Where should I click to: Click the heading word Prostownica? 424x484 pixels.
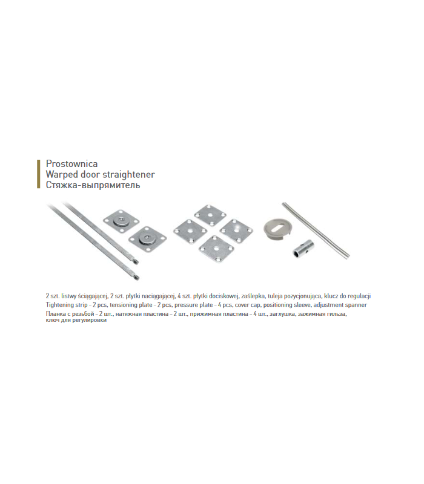[x=71, y=163]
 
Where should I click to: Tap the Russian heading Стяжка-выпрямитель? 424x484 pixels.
[x=93, y=185]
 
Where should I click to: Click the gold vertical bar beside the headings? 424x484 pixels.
[x=39, y=174]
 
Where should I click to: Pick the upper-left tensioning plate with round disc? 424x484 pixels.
[x=121, y=221]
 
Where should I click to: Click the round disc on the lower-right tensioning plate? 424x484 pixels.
[x=146, y=238]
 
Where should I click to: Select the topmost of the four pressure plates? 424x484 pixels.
[x=210, y=215]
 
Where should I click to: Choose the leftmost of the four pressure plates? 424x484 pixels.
[x=190, y=231]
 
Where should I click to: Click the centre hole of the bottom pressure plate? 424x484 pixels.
[x=216, y=248]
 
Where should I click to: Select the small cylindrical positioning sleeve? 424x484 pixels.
[x=303, y=249]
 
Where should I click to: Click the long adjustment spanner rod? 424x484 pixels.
[x=316, y=230]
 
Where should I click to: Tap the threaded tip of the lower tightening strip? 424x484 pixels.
[x=136, y=278]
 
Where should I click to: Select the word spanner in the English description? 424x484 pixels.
[x=356, y=305]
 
